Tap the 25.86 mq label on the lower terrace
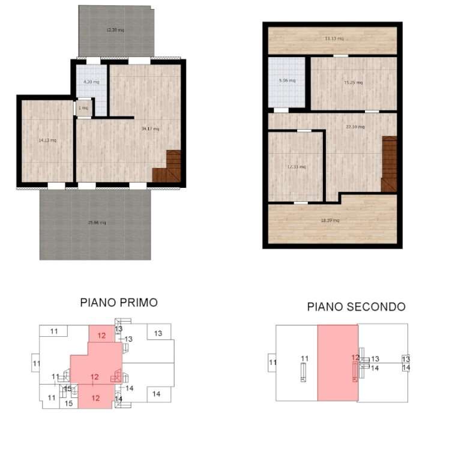(x=96, y=223)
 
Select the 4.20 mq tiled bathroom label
(x=91, y=82)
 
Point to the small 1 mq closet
(x=84, y=108)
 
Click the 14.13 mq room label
(x=47, y=140)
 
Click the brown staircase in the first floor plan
(x=167, y=167)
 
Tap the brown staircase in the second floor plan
(x=389, y=164)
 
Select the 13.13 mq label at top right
(x=334, y=39)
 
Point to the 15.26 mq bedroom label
(x=354, y=83)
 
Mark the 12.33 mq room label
(x=297, y=167)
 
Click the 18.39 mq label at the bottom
(x=330, y=220)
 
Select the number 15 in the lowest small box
(x=68, y=403)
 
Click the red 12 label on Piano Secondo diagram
(x=355, y=358)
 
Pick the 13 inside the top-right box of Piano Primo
(x=158, y=333)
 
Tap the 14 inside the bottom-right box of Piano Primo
(x=156, y=394)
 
